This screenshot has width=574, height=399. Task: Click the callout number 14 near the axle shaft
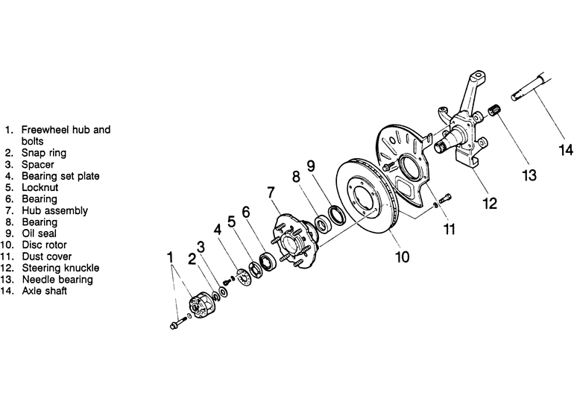coord(565,150)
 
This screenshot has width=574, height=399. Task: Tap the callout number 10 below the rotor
coord(402,257)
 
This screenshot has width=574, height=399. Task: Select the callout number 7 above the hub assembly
coord(271,192)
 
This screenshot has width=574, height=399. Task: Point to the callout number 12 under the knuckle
coord(490,204)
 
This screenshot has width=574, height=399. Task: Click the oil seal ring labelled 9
coord(337,216)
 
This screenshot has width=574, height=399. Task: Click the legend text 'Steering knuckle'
coord(60,268)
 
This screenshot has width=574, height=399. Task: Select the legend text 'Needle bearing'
coord(57,280)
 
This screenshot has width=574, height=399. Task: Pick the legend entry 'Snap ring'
coord(44,153)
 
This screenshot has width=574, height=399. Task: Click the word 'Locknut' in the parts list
coord(40,187)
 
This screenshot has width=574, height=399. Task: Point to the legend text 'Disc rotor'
coord(44,245)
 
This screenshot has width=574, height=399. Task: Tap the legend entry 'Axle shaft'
coord(44,291)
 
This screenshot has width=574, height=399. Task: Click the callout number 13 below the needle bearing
coord(529,175)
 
